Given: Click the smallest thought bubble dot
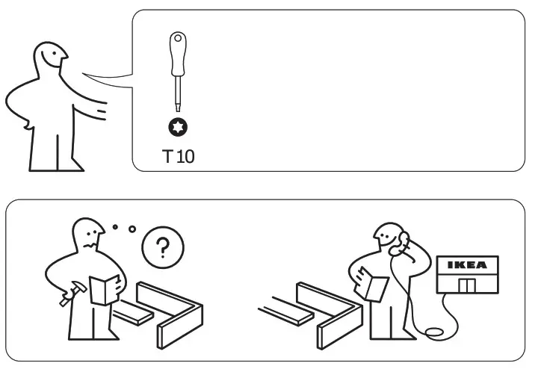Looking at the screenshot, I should tap(114, 226).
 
